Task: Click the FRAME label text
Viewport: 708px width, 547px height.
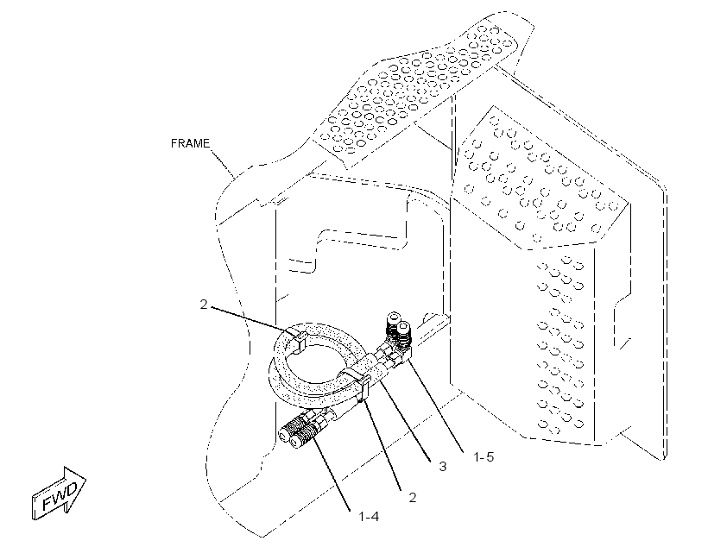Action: (190, 143)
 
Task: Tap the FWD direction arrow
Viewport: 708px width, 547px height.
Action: (59, 493)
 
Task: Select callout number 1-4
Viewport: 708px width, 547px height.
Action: (369, 516)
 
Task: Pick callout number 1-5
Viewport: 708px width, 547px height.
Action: (484, 456)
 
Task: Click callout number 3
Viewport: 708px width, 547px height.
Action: (442, 466)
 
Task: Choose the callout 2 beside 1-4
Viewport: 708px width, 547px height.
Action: (412, 497)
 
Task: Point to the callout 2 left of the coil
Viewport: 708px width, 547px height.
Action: (204, 305)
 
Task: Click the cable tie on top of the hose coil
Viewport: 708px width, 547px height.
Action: (297, 341)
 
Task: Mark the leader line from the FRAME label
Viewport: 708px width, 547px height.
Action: (223, 163)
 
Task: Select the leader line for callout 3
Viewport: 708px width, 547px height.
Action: (404, 419)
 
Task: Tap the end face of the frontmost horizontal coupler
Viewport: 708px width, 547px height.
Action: (295, 442)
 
